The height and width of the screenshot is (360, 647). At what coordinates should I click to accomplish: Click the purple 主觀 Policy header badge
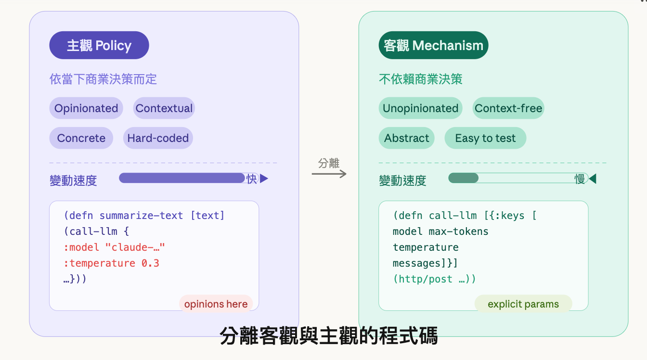tap(99, 45)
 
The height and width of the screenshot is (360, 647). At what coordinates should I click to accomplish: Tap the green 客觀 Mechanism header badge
tap(433, 45)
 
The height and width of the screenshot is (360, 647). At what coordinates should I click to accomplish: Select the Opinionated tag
tap(86, 108)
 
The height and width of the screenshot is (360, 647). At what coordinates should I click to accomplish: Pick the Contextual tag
tap(164, 108)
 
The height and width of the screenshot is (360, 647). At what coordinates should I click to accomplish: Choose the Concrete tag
tap(81, 138)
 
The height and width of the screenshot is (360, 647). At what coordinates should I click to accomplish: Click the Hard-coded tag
tap(158, 138)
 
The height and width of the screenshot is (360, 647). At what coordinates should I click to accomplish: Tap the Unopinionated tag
tap(420, 108)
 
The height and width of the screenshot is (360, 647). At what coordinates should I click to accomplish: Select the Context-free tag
tap(508, 108)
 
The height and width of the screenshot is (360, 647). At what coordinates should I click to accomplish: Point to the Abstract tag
tap(406, 138)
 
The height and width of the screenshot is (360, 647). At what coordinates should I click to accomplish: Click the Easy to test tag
tap(485, 138)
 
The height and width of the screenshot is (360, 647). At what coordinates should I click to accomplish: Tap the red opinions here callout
tap(216, 304)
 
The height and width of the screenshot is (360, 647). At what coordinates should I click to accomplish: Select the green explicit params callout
tap(523, 304)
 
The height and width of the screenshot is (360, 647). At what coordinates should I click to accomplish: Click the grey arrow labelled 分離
tap(329, 173)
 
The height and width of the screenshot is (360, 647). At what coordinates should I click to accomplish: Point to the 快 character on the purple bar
tap(252, 179)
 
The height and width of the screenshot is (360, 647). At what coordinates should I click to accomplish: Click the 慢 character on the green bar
tap(580, 179)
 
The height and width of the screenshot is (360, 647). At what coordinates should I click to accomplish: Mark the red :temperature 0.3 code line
tap(111, 263)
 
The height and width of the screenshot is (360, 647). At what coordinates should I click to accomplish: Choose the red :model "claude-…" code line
tap(114, 247)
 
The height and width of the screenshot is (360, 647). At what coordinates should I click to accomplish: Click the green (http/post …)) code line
tap(434, 279)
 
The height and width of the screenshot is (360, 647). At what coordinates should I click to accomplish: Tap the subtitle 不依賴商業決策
tap(420, 79)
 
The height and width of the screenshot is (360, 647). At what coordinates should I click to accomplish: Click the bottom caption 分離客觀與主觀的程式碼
tap(329, 336)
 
